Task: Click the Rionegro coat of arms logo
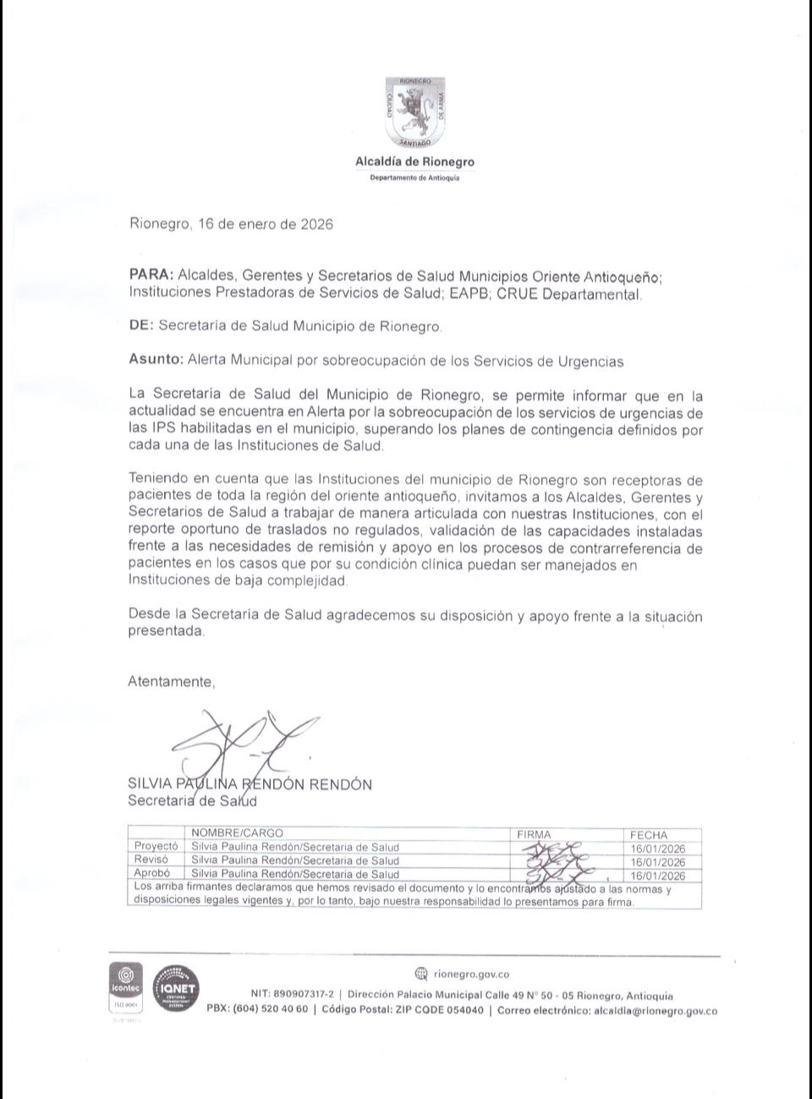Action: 414,112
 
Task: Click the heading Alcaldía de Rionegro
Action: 414,162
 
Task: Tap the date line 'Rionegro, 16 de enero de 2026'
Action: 231,224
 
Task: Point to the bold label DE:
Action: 141,326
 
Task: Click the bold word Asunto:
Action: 156,360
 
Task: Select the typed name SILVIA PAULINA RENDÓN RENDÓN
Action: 250,784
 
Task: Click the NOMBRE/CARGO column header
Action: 238,833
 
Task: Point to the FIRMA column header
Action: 534,834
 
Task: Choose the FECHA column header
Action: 649,834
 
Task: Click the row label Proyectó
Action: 156,846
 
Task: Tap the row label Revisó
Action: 151,860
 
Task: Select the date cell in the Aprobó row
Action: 658,875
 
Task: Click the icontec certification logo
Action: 125,984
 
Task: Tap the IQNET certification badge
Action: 175,988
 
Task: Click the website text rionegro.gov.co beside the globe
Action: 471,974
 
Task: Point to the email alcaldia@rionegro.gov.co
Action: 656,1010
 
